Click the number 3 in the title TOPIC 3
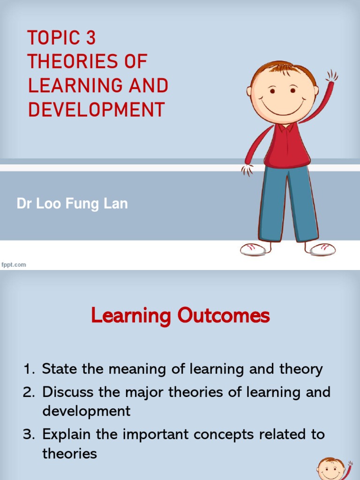(x=90, y=38)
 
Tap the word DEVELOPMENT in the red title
(x=97, y=109)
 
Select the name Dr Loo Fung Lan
(x=72, y=204)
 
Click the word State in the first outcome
(x=60, y=369)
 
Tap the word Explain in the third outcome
(x=67, y=434)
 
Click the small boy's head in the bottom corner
(x=331, y=469)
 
